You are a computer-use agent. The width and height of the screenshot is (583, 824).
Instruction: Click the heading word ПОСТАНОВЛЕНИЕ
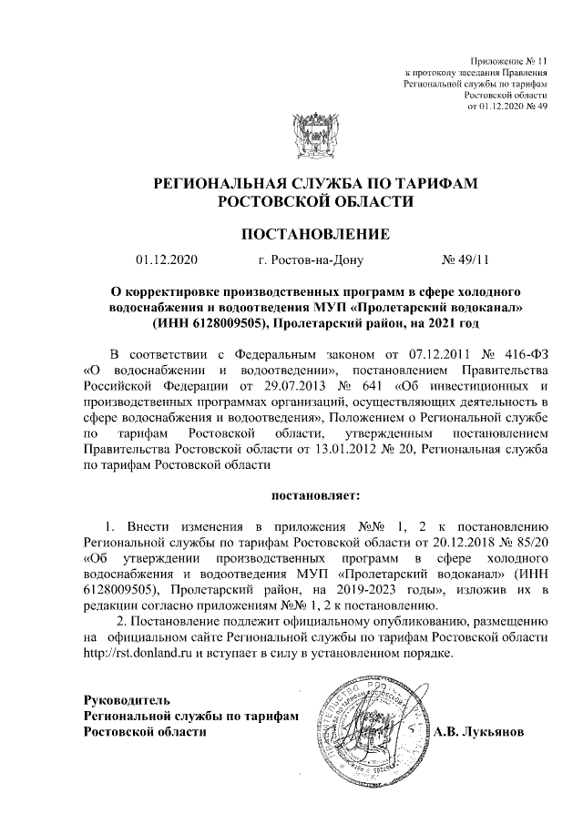(314, 235)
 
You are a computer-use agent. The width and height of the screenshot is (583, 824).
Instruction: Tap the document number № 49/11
(465, 260)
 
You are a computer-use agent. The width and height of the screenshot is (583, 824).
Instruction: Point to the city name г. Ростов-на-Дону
(311, 260)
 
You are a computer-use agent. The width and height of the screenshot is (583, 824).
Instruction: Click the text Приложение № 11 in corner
(510, 57)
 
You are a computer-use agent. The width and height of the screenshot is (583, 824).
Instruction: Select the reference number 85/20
(528, 542)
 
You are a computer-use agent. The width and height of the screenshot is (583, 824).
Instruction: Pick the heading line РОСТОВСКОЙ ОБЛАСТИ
(314, 200)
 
